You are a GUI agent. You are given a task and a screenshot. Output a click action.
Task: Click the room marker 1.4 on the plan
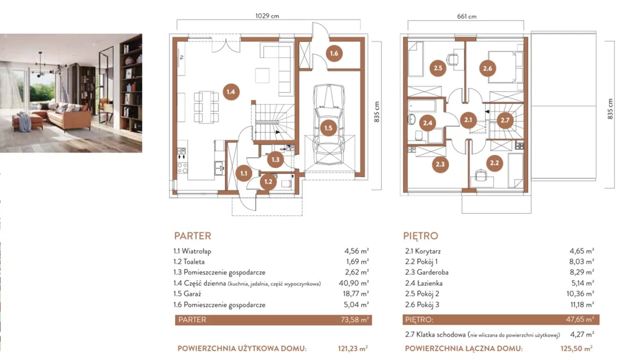[231, 92]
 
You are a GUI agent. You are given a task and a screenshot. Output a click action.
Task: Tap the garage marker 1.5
[328, 128]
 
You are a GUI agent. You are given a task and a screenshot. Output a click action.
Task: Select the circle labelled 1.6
[334, 53]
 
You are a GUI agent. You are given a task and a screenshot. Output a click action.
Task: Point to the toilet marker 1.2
[268, 182]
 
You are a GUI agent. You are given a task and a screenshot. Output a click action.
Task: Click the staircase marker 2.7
[505, 120]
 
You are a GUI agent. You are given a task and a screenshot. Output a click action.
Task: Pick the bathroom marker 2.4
[427, 123]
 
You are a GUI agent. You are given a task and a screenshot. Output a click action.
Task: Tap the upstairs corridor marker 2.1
[468, 120]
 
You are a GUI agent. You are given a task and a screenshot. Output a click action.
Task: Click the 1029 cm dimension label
[267, 16]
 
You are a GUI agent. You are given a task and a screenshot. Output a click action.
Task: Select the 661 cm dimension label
[466, 17]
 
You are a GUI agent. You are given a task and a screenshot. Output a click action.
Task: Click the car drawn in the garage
[329, 125]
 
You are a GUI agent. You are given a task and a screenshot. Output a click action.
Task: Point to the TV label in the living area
[182, 58]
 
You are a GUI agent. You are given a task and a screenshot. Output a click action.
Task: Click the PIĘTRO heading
[420, 236]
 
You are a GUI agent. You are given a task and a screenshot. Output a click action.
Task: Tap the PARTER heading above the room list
[192, 236]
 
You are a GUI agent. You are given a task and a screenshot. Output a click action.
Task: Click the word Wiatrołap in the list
[196, 251]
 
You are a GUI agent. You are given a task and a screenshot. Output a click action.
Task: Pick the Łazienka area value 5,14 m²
[583, 283]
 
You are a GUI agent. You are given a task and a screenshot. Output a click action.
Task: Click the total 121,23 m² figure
[353, 348]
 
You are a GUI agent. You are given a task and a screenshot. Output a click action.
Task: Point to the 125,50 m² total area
[577, 348]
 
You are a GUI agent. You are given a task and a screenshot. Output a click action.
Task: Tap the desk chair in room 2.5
[452, 59]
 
